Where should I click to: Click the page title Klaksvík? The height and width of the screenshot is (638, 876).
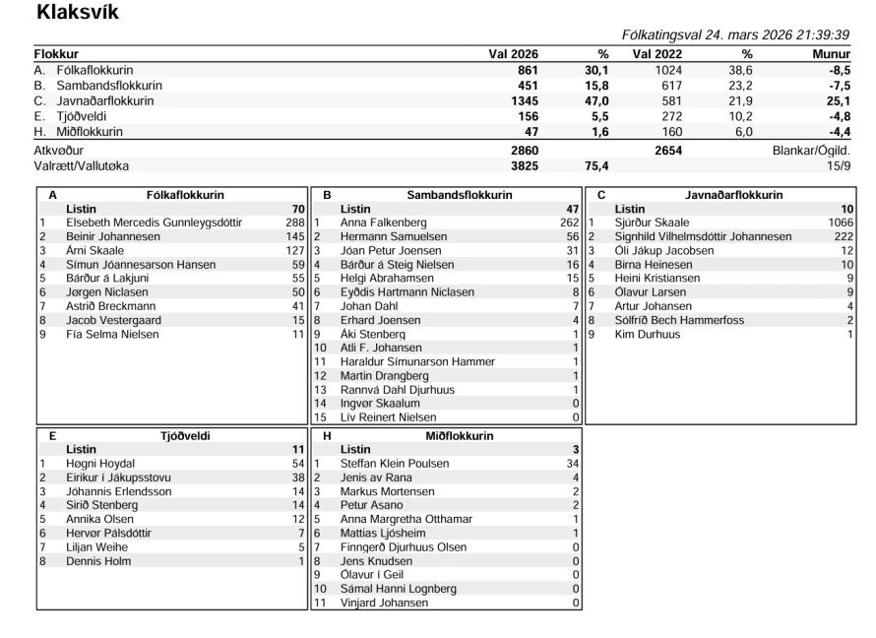click(x=78, y=14)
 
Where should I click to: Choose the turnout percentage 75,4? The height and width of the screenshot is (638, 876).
click(x=597, y=166)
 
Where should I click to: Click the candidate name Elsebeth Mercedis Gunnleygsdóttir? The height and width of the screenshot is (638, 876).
click(x=154, y=223)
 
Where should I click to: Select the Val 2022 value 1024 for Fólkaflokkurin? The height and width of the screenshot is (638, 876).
click(x=665, y=70)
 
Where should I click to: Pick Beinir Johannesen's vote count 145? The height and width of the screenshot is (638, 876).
click(x=293, y=236)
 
